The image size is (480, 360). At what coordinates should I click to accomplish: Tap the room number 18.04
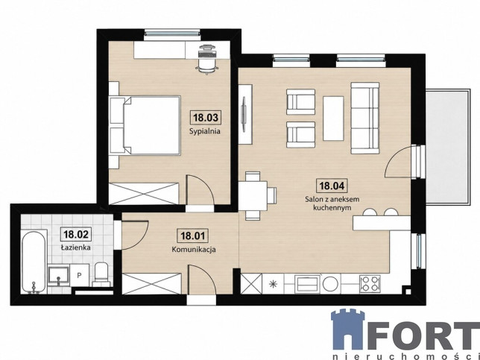tap(332, 186)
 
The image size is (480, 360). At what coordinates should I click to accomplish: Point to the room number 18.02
tap(76, 234)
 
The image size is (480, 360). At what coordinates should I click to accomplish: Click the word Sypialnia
tap(205, 132)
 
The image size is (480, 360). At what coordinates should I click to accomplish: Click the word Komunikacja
tap(194, 250)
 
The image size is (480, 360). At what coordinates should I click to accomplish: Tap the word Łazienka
tap(75, 247)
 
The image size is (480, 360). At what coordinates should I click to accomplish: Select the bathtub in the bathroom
tap(34, 262)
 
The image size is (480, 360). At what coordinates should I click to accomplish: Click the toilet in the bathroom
tap(101, 274)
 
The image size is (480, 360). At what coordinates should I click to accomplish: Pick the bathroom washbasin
tap(58, 277)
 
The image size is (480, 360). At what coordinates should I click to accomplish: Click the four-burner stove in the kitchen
tap(370, 284)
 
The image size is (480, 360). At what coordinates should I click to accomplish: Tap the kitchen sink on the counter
tap(307, 284)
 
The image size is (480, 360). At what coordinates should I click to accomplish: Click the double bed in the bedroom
tap(145, 125)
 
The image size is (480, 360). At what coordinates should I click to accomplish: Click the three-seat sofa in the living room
tap(365, 118)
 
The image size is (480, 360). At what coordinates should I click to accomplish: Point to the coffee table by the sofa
tap(333, 119)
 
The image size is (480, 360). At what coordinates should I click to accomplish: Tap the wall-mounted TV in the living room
tap(244, 114)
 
